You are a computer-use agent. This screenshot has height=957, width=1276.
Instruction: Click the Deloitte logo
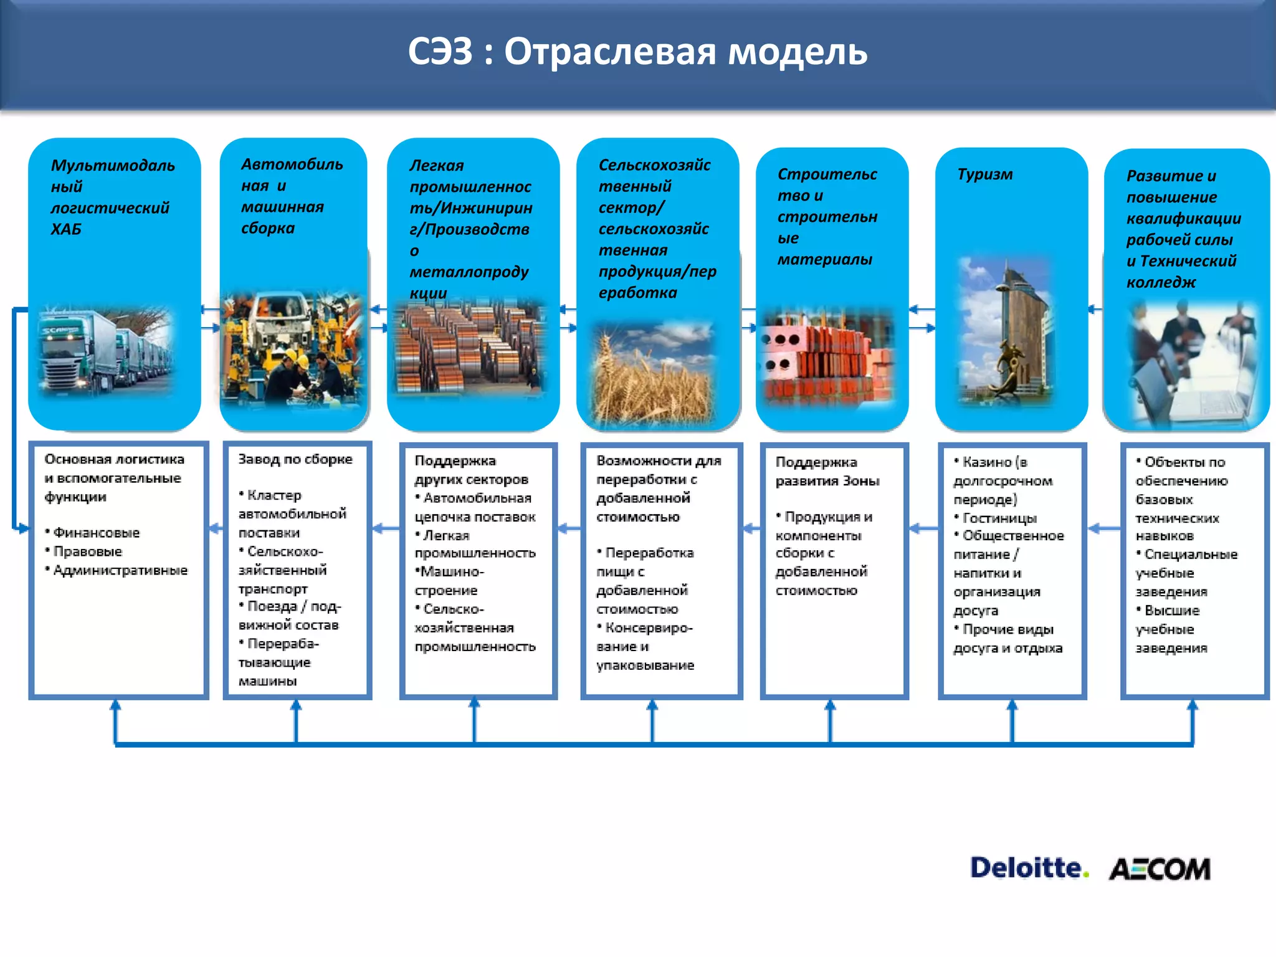[1029, 867]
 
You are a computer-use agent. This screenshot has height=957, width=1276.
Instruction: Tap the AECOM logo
[1159, 869]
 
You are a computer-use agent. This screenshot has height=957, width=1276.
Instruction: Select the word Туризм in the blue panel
[985, 174]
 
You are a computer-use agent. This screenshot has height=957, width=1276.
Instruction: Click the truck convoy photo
[106, 352]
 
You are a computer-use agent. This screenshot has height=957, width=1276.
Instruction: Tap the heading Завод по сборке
[295, 459]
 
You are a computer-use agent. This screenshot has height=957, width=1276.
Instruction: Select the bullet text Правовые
[87, 551]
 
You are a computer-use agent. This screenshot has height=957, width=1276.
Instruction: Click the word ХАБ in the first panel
[66, 229]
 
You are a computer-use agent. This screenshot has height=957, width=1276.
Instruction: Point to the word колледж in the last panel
[1161, 282]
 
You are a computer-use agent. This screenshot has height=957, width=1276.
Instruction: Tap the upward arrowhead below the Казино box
[1012, 705]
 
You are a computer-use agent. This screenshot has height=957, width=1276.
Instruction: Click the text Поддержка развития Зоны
[827, 472]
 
